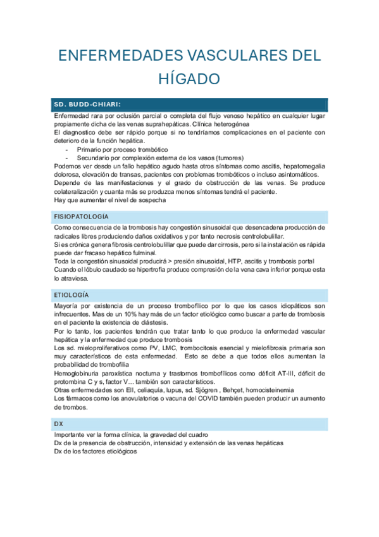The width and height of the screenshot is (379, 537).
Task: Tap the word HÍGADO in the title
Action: tap(189, 79)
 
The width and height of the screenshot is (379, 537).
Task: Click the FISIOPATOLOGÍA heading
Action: tap(81, 217)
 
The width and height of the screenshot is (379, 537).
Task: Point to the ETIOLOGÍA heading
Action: tap(71, 295)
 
